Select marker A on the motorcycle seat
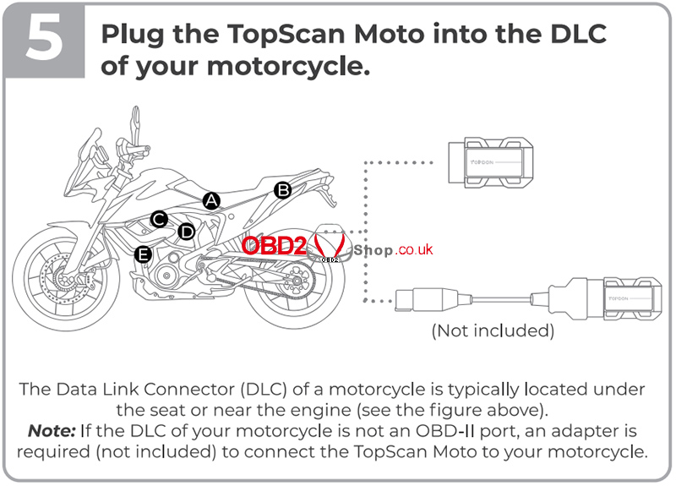[x=211, y=200]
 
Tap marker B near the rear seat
[x=283, y=190]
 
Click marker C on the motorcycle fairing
[x=158, y=219]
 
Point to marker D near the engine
[x=187, y=231]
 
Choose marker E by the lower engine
[x=144, y=254]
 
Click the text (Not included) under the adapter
[x=493, y=330]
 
